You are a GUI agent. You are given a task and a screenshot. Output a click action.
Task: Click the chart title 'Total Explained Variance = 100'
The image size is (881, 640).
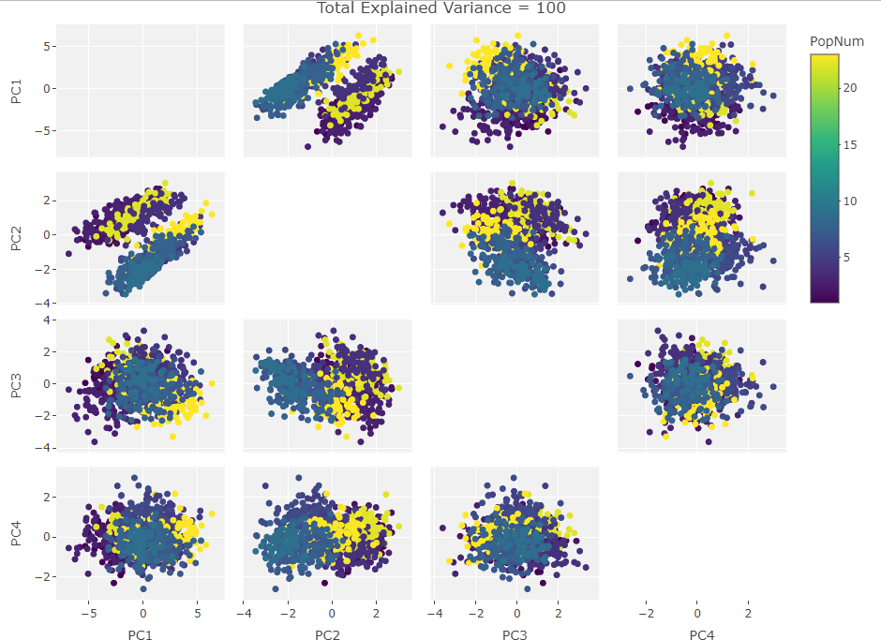tap(440, 8)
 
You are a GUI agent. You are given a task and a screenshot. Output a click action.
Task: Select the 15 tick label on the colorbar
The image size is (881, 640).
tap(848, 144)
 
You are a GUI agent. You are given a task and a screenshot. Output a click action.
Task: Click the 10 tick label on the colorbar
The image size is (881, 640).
tap(848, 201)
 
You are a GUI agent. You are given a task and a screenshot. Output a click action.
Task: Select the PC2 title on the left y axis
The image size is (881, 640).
tap(17, 238)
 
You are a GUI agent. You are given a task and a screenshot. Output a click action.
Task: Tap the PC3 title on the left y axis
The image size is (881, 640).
tap(17, 386)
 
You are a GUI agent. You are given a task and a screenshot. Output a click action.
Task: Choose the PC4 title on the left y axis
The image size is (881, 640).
tap(17, 534)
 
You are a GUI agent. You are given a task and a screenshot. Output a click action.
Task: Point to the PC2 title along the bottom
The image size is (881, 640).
tap(327, 635)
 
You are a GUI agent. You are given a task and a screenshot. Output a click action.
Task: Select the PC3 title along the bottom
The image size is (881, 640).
tap(515, 635)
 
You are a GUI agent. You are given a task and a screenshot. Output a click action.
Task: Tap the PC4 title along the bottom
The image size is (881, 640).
tap(702, 635)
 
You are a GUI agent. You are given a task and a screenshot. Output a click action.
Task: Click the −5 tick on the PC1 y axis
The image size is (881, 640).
tap(41, 131)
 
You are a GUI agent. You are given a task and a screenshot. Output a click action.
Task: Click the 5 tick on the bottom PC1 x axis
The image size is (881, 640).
tap(197, 614)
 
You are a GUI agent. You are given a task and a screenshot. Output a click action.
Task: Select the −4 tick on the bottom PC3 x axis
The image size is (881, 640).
tap(434, 614)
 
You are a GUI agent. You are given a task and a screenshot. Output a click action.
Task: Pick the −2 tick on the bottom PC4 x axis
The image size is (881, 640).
tap(646, 614)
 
